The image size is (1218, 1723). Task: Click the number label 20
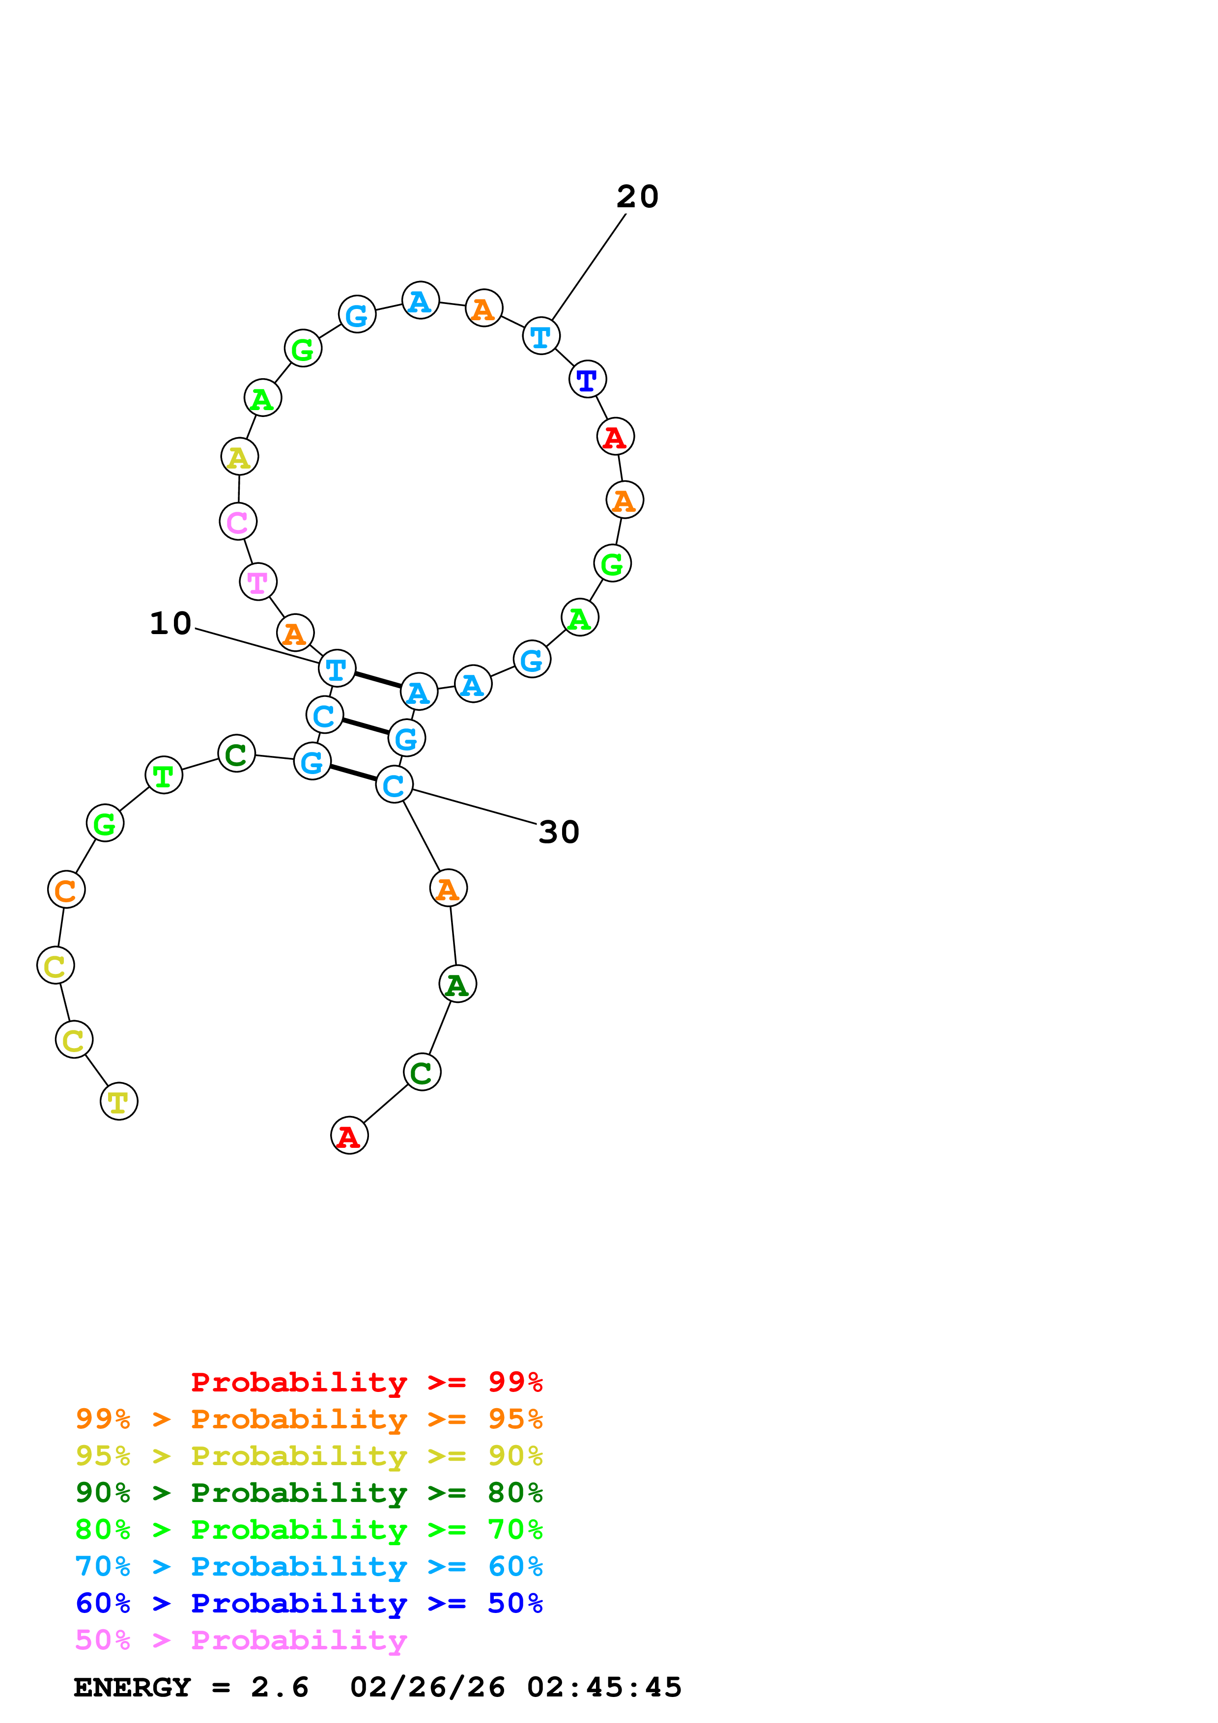tap(637, 196)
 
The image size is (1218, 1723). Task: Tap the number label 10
tap(170, 624)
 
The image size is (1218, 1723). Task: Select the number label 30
tap(559, 832)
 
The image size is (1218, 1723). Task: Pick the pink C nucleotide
tap(238, 522)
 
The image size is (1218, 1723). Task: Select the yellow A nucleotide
tap(239, 457)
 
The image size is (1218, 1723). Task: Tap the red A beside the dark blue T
tap(615, 437)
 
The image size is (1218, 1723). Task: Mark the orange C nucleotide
tap(66, 890)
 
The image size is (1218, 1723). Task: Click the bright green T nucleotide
tap(164, 775)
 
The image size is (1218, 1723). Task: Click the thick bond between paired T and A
tap(377, 680)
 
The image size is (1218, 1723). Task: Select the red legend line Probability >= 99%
tap(366, 1382)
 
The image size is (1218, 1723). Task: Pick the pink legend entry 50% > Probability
tap(241, 1640)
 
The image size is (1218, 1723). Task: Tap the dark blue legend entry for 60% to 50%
tap(309, 1604)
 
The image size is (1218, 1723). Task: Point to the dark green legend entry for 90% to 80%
tap(309, 1493)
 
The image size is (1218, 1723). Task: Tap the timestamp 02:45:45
tap(604, 1688)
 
